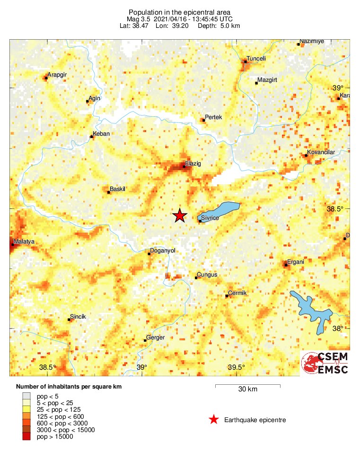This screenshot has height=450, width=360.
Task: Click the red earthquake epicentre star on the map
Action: click(179, 216)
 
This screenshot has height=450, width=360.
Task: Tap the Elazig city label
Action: click(193, 164)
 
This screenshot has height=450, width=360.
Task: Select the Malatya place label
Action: click(24, 242)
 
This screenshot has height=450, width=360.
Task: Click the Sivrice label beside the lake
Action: click(210, 218)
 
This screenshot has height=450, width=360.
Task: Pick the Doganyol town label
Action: click(162, 251)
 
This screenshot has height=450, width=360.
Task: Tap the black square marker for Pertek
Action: click(203, 120)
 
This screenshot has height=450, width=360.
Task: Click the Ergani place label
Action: click(297, 262)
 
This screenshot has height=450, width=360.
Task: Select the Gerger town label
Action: click(156, 337)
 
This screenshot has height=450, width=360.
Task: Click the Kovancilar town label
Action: click(321, 152)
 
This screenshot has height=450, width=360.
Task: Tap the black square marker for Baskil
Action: click(109, 192)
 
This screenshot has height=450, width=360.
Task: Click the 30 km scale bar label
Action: click(247, 389)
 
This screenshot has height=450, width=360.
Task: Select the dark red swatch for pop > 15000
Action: click(26, 437)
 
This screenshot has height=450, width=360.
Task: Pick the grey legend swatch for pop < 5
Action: click(26, 396)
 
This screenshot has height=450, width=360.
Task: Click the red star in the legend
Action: click(214, 419)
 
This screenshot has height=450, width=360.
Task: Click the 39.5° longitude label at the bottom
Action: click(236, 367)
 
